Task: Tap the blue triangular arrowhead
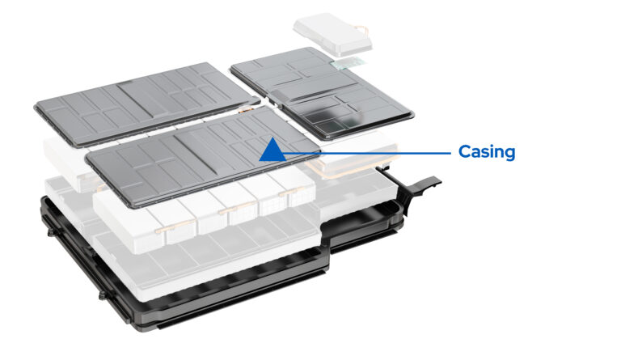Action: pyautogui.click(x=272, y=149)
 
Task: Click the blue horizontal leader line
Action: pyautogui.click(x=364, y=151)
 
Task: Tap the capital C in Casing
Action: pyautogui.click(x=465, y=151)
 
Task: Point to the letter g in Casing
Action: pyautogui.click(x=510, y=154)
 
